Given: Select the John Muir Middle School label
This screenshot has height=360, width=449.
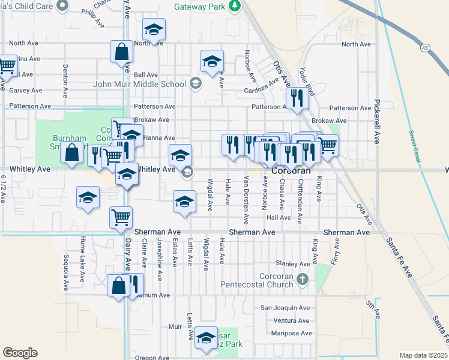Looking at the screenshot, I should point(139,83).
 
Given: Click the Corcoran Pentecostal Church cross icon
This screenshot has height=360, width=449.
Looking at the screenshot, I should point(303,279).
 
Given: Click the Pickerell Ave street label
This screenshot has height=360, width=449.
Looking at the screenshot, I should point(377,121).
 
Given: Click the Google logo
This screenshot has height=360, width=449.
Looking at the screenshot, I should point(20,353).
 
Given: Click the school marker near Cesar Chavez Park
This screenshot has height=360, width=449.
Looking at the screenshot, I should point(206,339).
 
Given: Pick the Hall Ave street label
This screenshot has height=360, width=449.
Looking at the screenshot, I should point(279,218).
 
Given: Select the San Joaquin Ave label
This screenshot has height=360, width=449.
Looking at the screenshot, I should point(285,308).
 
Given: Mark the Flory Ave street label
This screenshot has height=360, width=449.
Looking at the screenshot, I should point(336,251).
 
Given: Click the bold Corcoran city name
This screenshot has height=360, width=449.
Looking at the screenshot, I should point(292,171).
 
